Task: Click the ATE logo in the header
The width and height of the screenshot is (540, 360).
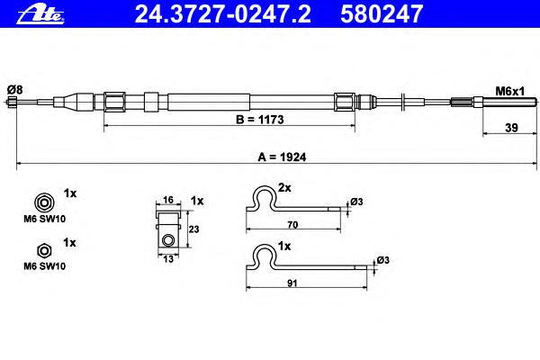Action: point(40,15)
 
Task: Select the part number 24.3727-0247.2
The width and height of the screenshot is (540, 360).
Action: point(222,14)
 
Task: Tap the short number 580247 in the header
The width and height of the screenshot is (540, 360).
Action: point(382,14)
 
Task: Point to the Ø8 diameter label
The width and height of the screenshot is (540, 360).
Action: point(14,90)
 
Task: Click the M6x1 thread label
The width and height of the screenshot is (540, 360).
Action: point(509,91)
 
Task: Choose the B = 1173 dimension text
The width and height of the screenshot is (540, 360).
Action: point(260,120)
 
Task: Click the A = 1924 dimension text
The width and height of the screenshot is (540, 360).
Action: point(282,157)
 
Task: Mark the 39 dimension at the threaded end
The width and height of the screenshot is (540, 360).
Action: point(511,128)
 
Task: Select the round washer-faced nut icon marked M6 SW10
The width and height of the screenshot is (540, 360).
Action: point(44,202)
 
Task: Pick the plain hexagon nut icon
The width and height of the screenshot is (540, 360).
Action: point(44,251)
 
